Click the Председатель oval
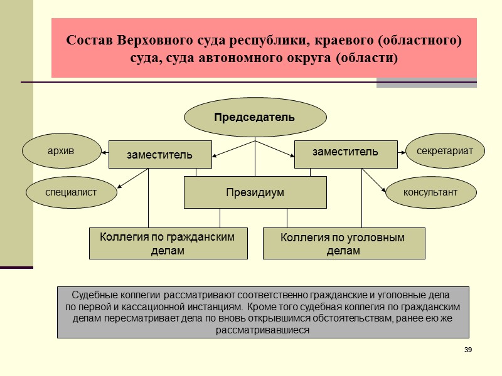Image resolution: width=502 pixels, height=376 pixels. pos(255,117)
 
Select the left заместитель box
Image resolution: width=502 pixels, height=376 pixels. pos(160,154)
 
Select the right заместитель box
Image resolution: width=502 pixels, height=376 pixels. pos(346,152)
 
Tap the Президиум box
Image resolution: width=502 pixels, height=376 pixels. pos(255,192)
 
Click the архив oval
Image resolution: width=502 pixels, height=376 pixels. pos(61,151)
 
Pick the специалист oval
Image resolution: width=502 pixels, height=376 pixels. pos(71,192)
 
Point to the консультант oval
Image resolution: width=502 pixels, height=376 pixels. pos(430,192)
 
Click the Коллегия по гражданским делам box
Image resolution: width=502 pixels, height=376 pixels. pos(168,243)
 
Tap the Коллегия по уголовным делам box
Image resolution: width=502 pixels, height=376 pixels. pos(343,244)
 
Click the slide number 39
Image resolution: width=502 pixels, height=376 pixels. pos(467,349)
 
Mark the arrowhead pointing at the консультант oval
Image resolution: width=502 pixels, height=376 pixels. pos(384,190)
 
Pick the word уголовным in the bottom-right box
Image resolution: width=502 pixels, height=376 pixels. pos(373,238)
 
